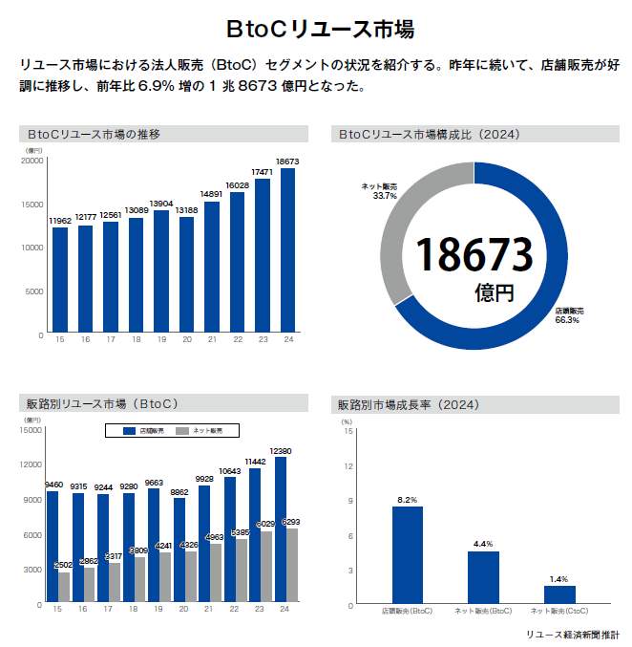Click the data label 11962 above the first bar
coord(60,221)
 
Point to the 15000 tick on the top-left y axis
coord(32,205)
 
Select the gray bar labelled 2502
coord(64,587)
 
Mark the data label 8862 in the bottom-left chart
coord(179,492)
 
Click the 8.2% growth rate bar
coord(407,554)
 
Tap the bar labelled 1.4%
coord(559,593)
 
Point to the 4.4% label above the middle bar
coord(482,544)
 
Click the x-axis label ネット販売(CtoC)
coord(558,610)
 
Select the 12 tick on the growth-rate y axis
coord(348,466)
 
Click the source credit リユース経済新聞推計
coord(571,634)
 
